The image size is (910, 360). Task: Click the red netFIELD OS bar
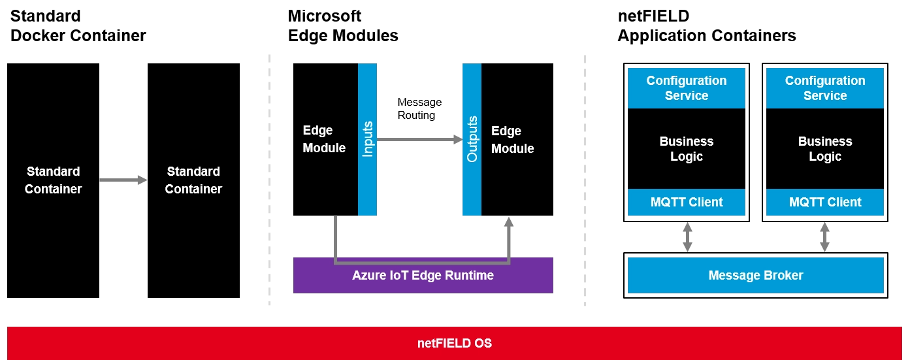point(455,343)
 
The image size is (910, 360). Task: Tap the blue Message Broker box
point(755,275)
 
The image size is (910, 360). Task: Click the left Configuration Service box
point(686,88)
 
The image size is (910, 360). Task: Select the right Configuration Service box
point(824,88)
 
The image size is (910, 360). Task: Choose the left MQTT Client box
point(686,202)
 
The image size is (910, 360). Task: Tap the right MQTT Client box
point(824,202)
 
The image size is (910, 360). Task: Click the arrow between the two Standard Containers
point(123,180)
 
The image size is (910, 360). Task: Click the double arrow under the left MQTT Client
point(687,237)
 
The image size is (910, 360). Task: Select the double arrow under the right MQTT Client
point(824,237)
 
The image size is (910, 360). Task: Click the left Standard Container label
point(54,180)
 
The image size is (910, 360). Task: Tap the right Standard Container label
point(193,180)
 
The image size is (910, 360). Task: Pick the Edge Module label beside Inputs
point(324,139)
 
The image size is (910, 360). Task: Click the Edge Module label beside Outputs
point(512,140)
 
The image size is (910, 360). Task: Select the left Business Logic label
point(686,149)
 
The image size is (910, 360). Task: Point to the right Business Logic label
point(824,149)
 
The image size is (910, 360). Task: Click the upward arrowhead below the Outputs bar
point(509,223)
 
